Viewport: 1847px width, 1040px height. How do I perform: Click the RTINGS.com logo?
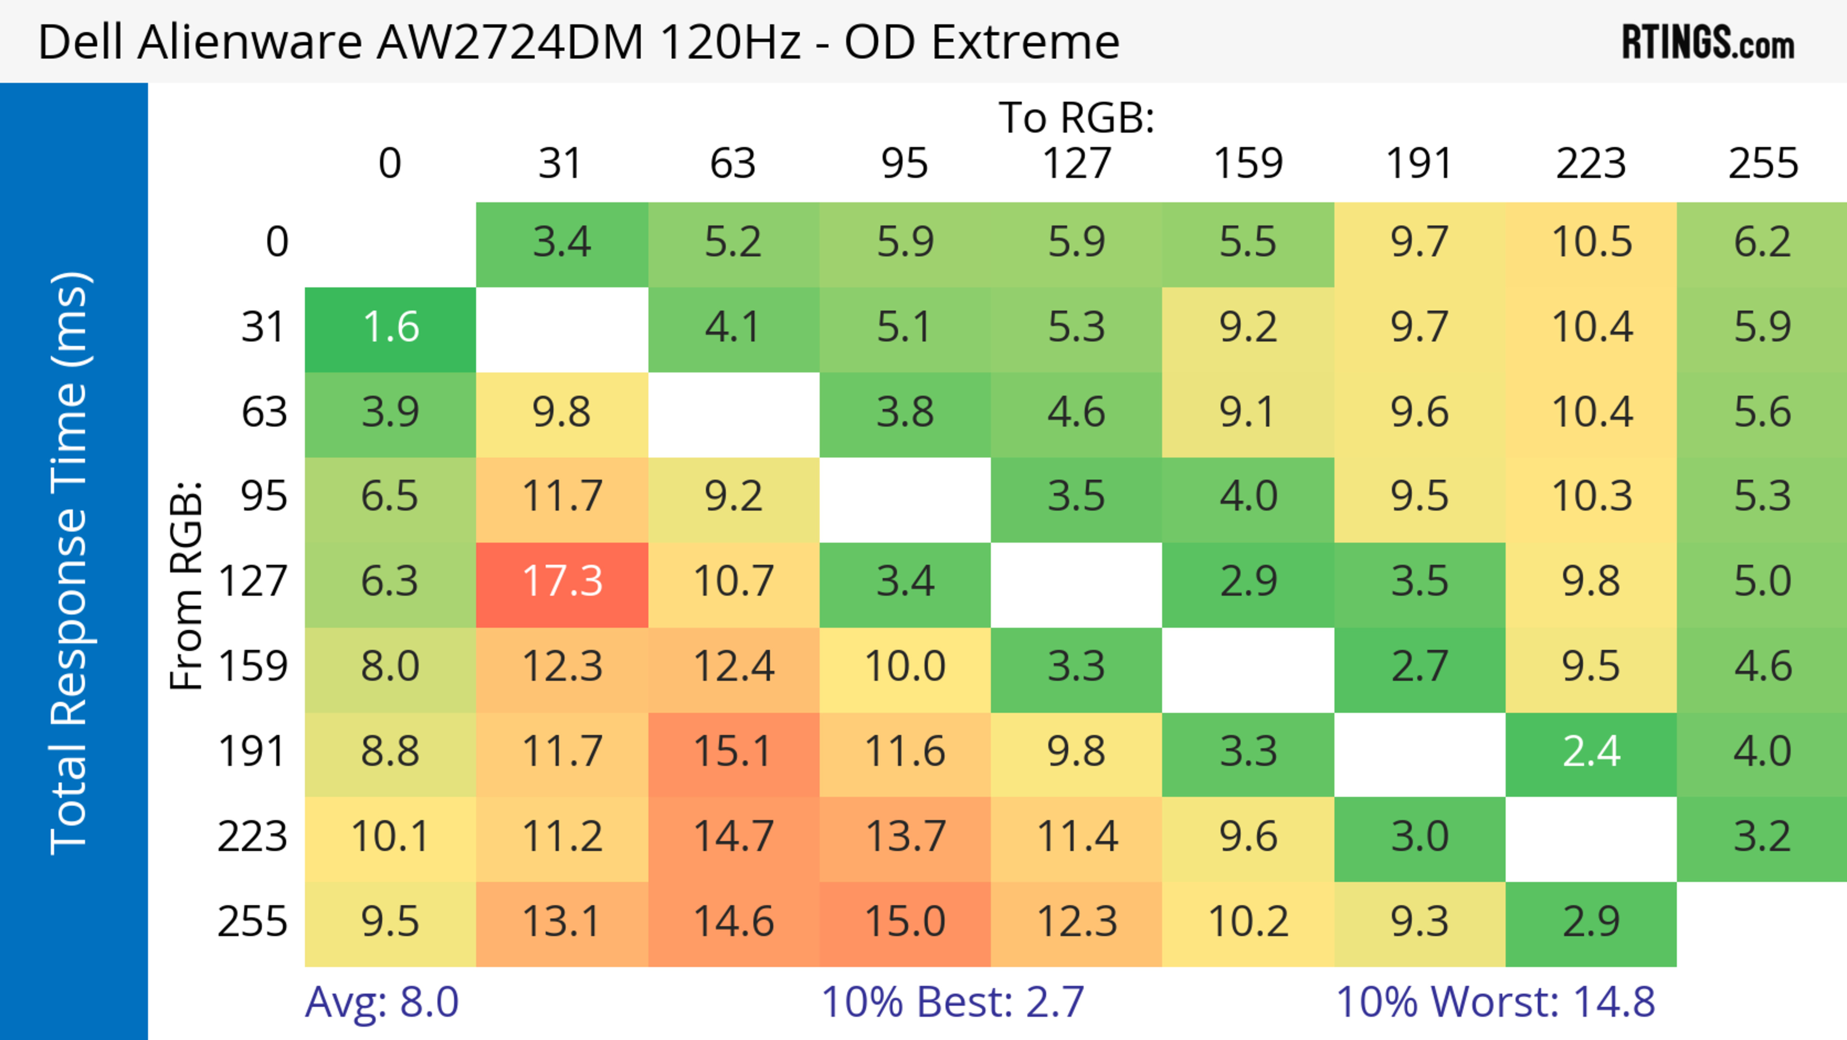coord(1708,41)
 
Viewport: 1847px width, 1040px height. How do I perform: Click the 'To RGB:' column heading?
coord(1076,117)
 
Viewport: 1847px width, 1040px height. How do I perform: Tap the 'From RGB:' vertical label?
coord(187,585)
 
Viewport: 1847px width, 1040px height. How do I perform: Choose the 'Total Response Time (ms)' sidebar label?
coord(70,563)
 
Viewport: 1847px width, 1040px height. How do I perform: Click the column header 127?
coord(1076,164)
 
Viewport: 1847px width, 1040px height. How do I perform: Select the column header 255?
coord(1762,164)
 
